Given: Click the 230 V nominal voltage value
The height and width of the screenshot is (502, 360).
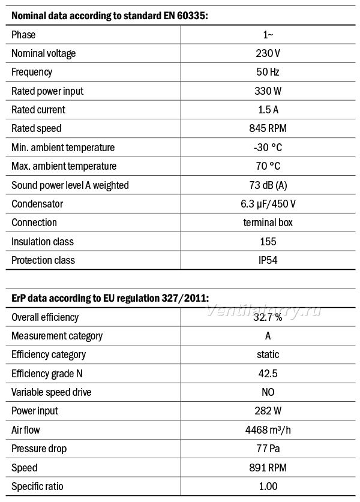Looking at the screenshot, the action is [268, 53].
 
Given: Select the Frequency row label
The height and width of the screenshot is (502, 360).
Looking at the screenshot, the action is [32, 72].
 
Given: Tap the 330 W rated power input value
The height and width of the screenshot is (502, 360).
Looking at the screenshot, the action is [268, 91].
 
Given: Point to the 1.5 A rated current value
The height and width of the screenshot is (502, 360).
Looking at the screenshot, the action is [268, 110].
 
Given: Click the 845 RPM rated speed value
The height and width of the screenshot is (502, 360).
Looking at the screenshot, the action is [268, 128].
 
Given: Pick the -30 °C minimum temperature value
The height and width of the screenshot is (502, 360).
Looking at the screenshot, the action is [268, 148].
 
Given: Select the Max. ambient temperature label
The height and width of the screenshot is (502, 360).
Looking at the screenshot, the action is [64, 166].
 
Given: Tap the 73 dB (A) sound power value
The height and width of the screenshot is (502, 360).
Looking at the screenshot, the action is [268, 185].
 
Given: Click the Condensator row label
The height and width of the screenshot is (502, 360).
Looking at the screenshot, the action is [37, 204].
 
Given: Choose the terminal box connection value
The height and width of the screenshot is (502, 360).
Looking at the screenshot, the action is [268, 223].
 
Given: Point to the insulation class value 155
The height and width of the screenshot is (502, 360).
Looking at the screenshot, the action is [268, 241].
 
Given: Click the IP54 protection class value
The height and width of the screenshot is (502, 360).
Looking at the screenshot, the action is [268, 260].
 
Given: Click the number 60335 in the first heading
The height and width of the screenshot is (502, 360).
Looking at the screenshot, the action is [190, 16].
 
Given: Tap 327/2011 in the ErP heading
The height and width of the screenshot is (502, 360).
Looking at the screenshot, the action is [185, 298].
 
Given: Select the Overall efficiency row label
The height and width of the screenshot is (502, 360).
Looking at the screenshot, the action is [45, 317].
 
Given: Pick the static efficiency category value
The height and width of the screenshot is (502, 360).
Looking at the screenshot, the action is [268, 354].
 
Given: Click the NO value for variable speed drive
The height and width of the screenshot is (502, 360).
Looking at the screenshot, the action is [268, 392].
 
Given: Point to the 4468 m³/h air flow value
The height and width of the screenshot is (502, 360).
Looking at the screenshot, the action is [268, 430].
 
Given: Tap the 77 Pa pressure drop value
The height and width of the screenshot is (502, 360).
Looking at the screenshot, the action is [268, 449].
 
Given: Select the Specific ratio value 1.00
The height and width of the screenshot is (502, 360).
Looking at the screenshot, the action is [268, 486].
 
